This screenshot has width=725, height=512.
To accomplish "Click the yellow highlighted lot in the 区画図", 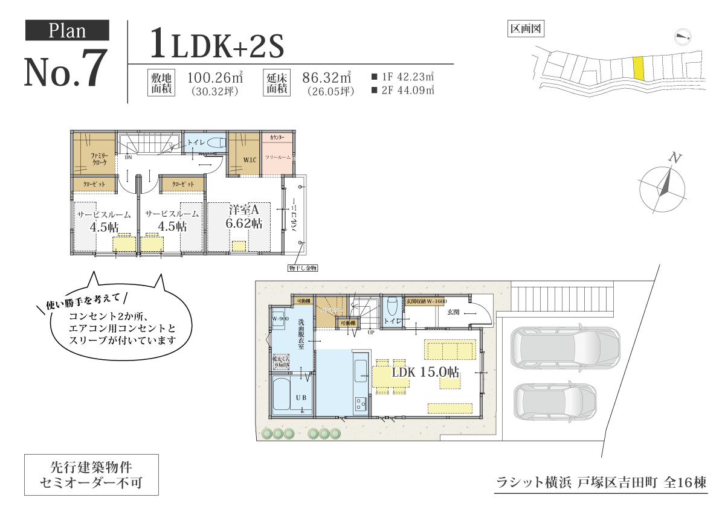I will pyautogui.click(x=638, y=68).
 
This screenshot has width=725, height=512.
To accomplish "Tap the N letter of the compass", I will pyautogui.click(x=675, y=159).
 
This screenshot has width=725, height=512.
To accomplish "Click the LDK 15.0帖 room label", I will pyautogui.click(x=425, y=373).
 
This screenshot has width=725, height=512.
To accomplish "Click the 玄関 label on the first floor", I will pyautogui.click(x=454, y=312).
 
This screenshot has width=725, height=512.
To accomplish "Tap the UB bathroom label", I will pyautogui.click(x=300, y=398).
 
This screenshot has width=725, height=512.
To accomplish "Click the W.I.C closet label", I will pyautogui.click(x=250, y=160).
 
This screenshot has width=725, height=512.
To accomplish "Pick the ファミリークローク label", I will pyautogui.click(x=99, y=159).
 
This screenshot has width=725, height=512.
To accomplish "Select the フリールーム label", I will pyautogui.click(x=277, y=157).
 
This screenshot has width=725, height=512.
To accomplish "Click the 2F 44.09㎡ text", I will pyautogui.click(x=404, y=91).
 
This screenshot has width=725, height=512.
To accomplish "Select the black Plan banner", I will pyautogui.click(x=67, y=30).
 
